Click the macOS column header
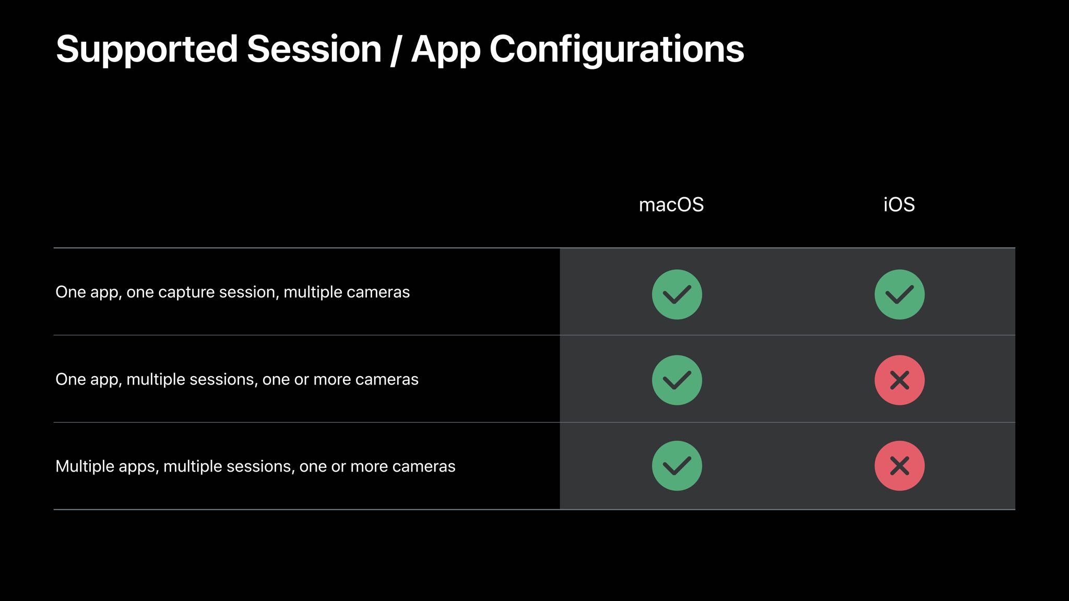coord(671,205)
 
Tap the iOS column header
coord(899,205)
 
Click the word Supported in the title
coord(147,50)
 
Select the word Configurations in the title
coord(616,50)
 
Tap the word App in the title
coord(446,50)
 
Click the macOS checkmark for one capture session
coord(676,294)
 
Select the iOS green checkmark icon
coord(899,294)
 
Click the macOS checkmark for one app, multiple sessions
coord(676,380)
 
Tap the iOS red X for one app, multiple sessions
coord(899,380)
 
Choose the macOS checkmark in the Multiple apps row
coord(676,466)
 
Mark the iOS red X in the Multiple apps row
coord(899,466)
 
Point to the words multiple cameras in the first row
coord(347,292)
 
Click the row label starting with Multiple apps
coord(255,466)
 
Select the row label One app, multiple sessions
coord(237,379)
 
